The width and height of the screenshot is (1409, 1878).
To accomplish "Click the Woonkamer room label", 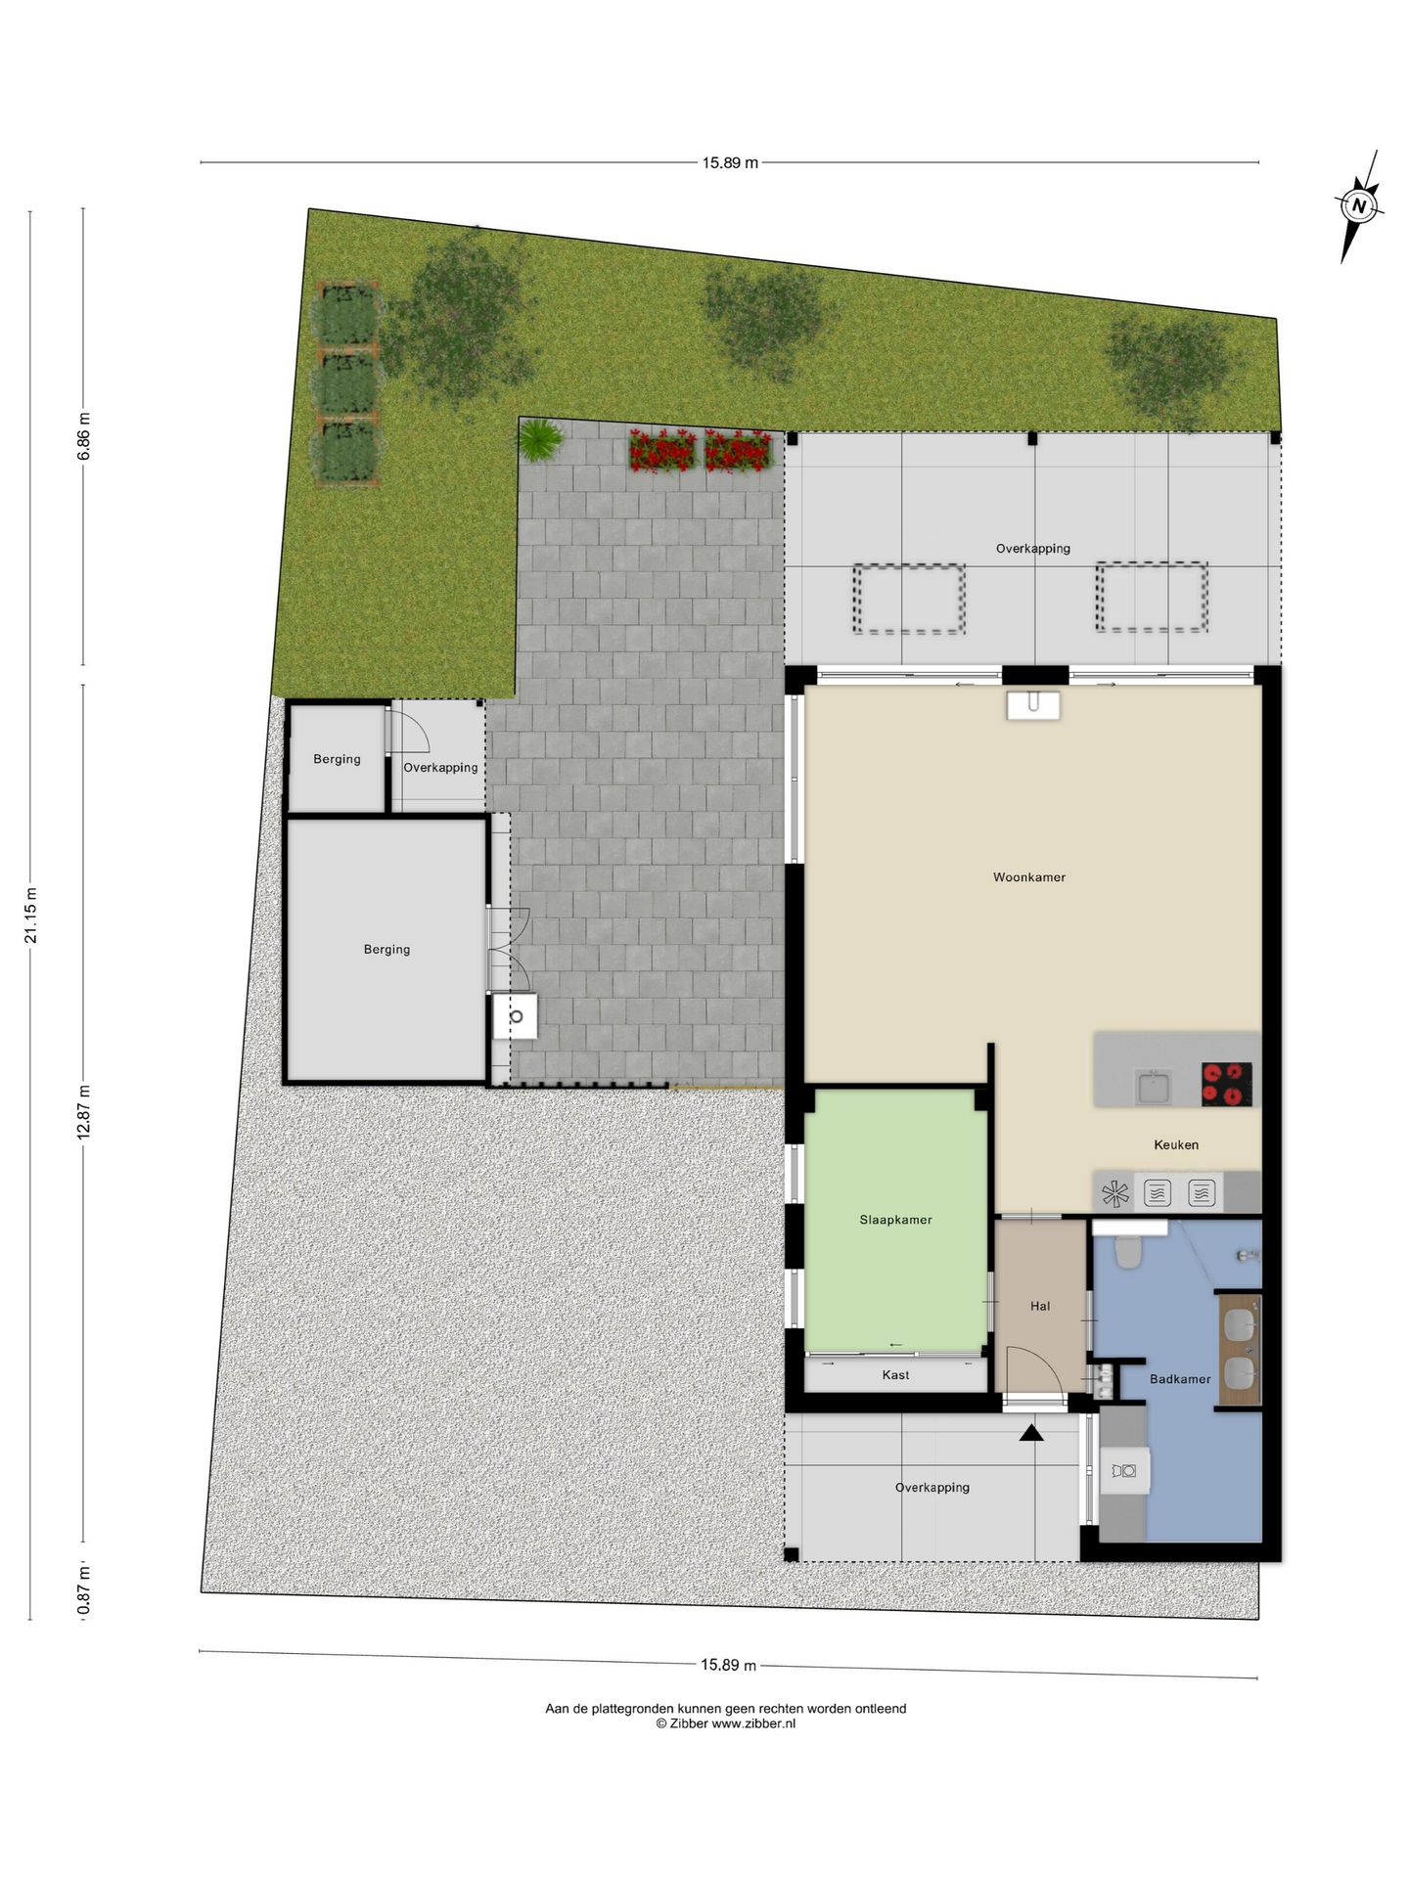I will click(x=1028, y=877).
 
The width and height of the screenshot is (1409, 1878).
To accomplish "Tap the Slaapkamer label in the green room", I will click(x=895, y=1220).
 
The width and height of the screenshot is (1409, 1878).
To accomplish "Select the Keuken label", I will click(x=1175, y=1144).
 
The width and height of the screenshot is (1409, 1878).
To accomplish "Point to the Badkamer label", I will click(x=1179, y=1379).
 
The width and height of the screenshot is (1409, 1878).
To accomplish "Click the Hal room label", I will click(x=1039, y=1306).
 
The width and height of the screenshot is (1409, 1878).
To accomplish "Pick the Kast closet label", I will click(x=895, y=1375).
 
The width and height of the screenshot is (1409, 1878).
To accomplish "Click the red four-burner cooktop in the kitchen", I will click(x=1226, y=1084).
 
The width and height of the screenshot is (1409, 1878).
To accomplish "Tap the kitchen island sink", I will click(x=1154, y=1087).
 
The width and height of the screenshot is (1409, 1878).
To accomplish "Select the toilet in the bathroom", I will click(x=1128, y=1252).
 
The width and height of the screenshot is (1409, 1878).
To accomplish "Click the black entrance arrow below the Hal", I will click(x=1031, y=1433).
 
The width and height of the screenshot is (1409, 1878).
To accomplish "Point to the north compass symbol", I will click(x=1357, y=206).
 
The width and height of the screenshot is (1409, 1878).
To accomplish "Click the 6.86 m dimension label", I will click(x=84, y=436).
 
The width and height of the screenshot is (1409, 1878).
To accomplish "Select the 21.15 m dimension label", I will click(x=31, y=916).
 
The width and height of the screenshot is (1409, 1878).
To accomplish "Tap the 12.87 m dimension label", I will click(x=84, y=1111).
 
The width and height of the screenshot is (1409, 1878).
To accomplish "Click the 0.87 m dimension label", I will click(x=84, y=1590).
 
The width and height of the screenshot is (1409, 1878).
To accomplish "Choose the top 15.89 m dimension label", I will click(x=729, y=163).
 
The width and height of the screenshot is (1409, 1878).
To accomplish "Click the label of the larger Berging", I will click(x=386, y=950).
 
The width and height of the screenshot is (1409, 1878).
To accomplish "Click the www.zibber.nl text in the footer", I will click(x=752, y=1723).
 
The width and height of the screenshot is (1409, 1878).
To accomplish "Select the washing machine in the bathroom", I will click(x=1124, y=1470).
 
